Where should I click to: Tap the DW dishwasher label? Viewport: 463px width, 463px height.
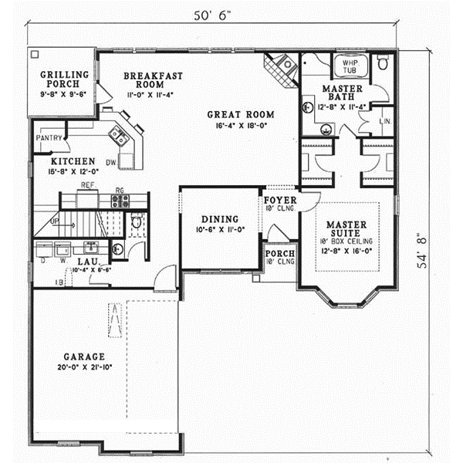pyautogui.click(x=111, y=162)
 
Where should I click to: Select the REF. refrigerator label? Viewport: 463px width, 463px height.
pyautogui.click(x=86, y=186)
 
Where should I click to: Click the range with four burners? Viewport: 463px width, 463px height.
pyautogui.click(x=120, y=201)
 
